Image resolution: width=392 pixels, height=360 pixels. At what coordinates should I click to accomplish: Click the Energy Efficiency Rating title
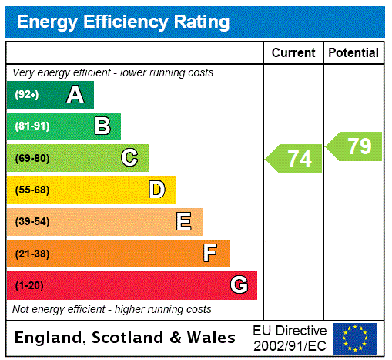123,22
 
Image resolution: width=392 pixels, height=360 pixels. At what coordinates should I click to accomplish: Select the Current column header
293,53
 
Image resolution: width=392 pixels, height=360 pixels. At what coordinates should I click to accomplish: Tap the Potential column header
353,53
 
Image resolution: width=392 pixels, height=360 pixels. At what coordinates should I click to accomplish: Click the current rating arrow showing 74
296,159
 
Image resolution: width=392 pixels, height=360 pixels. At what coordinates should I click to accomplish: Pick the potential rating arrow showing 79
355,146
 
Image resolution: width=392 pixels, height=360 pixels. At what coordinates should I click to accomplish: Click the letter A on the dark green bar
75,95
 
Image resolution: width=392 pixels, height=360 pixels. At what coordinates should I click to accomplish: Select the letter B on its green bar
102,126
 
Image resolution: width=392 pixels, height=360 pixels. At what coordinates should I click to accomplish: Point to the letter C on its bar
129,158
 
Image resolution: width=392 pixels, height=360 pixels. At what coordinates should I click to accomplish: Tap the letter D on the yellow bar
156,190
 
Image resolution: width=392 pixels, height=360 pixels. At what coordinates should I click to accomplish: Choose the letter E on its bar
184,222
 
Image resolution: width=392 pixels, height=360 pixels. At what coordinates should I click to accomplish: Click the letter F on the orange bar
210,254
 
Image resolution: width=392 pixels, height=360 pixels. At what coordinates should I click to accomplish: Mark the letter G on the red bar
239,285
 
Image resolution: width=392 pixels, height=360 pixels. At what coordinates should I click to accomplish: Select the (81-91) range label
32,126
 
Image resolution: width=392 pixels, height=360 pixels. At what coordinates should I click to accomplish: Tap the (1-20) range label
29,286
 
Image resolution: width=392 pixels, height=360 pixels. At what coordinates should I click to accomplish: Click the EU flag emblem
355,338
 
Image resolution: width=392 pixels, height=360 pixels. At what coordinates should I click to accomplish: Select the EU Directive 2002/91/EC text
290,338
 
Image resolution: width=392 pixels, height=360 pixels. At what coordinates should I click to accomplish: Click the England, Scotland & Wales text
126,338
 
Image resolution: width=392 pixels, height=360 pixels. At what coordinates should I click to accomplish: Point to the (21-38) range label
32,254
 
